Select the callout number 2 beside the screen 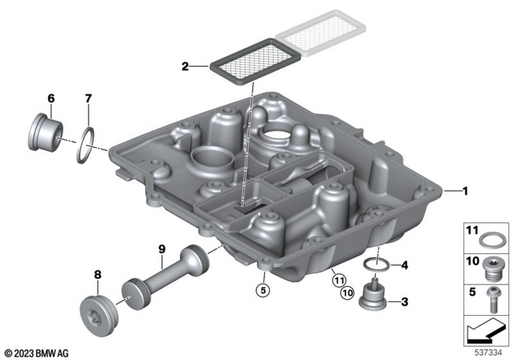(185, 67)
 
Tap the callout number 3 (404, 302)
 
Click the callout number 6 (51, 99)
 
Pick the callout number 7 (88, 99)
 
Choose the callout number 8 (97, 276)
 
